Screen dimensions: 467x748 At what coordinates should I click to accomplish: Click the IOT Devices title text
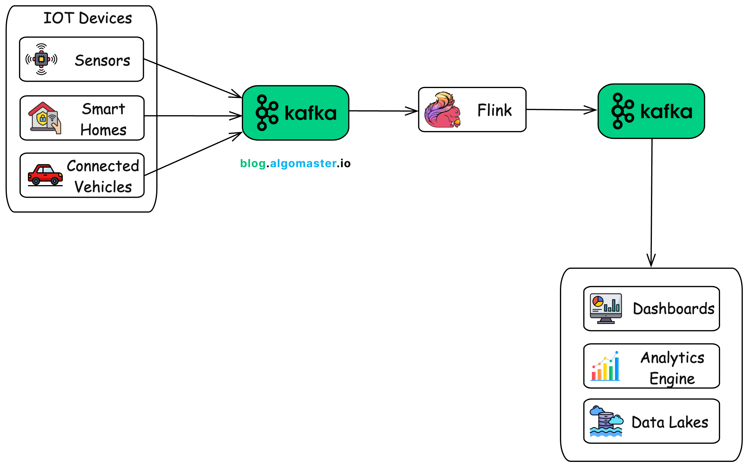click(x=88, y=18)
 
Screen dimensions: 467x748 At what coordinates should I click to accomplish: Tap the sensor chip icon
click(x=41, y=59)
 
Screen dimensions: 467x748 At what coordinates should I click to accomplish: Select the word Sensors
click(x=102, y=60)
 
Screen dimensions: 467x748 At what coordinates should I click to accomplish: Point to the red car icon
click(x=45, y=175)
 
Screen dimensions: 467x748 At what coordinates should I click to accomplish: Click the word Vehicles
click(x=103, y=187)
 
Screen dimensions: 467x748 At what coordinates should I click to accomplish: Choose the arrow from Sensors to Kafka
click(x=191, y=78)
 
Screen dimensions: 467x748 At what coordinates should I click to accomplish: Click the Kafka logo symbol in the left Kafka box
click(x=266, y=113)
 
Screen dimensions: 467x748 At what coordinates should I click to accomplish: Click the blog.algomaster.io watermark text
click(x=295, y=163)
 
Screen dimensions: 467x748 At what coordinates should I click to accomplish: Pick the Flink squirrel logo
click(x=442, y=110)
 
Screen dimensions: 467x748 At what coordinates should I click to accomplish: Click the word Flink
click(x=494, y=110)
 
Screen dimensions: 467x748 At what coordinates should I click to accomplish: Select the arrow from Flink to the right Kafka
click(x=560, y=110)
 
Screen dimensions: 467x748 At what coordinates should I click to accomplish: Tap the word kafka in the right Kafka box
click(x=666, y=111)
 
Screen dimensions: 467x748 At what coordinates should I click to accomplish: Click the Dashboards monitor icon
click(x=606, y=308)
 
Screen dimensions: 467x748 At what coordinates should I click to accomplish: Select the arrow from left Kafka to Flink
click(x=383, y=111)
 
